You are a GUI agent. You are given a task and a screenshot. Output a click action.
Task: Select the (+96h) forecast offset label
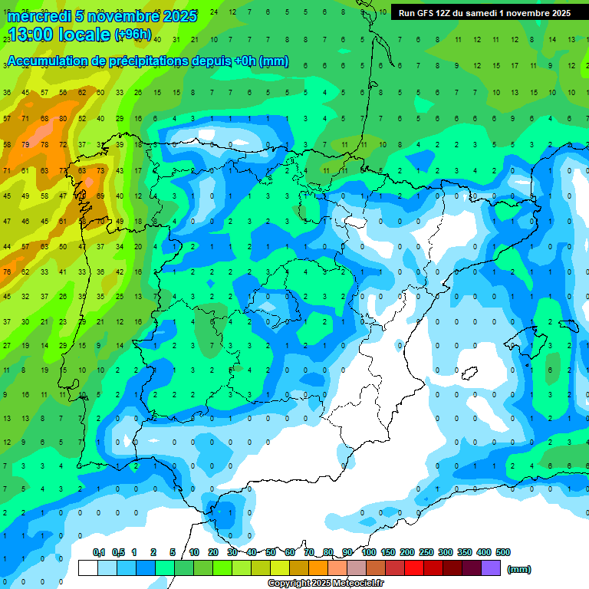tap(133, 35)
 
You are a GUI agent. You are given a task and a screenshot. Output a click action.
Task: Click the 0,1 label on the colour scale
tap(99, 552)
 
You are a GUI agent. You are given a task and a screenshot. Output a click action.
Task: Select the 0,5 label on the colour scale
tap(118, 552)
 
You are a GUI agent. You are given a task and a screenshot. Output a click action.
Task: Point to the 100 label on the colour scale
tap(368, 552)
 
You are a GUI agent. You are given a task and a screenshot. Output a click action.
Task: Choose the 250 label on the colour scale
tap(426, 552)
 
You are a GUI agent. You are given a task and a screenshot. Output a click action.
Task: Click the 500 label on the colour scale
tap(502, 552)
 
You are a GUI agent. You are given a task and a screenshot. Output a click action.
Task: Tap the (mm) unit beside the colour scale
tap(519, 569)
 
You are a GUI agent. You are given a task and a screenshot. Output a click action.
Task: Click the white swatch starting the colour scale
tap(88, 568)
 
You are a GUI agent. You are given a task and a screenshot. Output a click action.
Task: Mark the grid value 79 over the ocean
tap(27, 144)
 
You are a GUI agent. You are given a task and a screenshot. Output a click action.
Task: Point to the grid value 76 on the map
tap(7, 271)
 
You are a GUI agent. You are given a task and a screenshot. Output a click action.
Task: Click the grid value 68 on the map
tap(45, 118)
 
